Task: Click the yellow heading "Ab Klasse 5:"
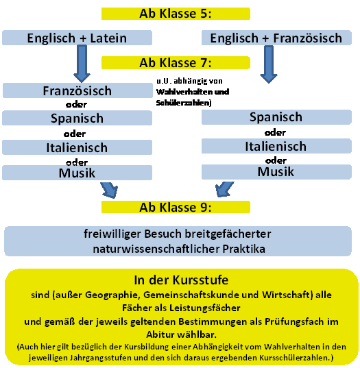[176, 14]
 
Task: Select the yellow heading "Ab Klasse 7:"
[176, 62]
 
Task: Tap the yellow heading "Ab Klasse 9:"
[176, 207]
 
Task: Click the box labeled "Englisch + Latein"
[77, 38]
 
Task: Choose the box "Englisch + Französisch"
[276, 38]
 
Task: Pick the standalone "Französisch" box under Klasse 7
[77, 90]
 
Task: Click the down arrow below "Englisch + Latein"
[82, 64]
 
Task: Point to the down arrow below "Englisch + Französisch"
[269, 64]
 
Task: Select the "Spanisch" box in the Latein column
[77, 118]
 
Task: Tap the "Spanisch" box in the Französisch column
[276, 117]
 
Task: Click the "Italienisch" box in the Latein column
[77, 147]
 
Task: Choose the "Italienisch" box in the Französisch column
[276, 146]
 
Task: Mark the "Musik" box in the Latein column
[77, 173]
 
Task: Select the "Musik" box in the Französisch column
[276, 172]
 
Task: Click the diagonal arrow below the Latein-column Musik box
[110, 190]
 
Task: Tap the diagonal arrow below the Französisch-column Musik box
[224, 189]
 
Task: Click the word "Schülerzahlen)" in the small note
[184, 103]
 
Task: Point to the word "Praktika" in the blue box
[243, 249]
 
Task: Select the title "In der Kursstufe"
[181, 280]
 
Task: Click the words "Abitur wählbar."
[181, 334]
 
